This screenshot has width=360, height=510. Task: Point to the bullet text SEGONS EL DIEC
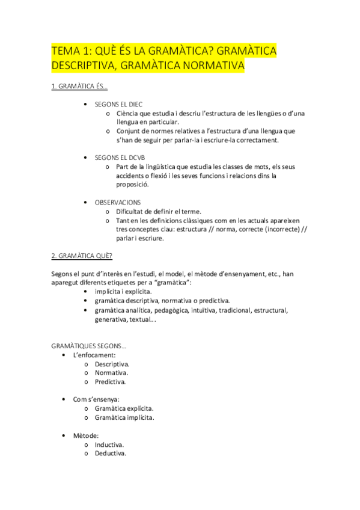118,104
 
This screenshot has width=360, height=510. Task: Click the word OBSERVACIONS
118,202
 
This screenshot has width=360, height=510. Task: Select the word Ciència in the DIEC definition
129,113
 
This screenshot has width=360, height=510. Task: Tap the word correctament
257,140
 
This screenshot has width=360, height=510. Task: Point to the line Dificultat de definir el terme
159,211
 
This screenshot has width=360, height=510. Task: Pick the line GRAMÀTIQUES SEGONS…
89,346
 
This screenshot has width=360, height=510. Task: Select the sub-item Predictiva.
110,381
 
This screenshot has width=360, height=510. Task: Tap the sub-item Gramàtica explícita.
124,408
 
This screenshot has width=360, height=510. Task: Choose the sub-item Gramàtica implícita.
124,417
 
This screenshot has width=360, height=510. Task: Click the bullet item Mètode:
86,435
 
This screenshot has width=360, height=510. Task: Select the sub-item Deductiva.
111,453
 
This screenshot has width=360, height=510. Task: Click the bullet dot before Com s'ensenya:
64,399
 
